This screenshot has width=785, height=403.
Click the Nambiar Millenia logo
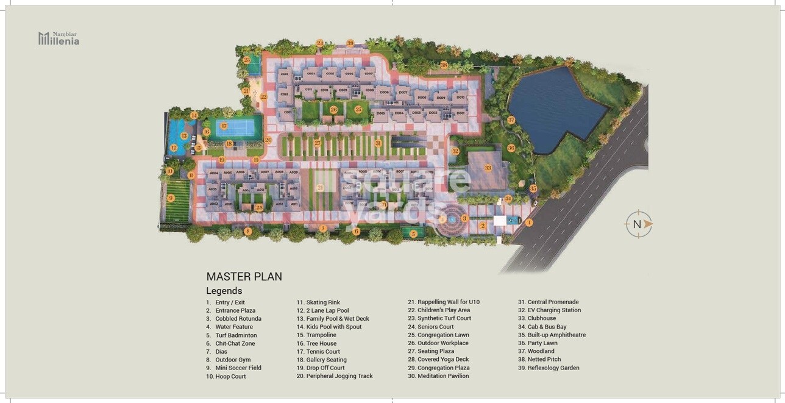tap(59, 38)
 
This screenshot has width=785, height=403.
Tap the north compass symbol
tap(638, 224)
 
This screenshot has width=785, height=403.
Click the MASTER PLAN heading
tap(244, 277)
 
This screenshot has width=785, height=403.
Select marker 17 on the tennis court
tap(224, 126)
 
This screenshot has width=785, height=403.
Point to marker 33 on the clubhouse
tap(488, 168)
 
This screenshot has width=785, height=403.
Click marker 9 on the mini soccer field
tap(171, 198)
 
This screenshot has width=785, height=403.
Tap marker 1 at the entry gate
tap(528, 223)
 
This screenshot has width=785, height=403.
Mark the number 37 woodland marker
tap(511, 120)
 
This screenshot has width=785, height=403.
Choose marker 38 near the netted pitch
tap(444, 65)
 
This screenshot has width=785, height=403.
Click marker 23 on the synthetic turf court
tap(246, 60)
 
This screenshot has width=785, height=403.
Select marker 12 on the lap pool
tap(173, 148)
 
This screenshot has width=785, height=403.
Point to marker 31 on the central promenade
tap(378, 143)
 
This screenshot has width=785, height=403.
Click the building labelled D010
tap(460, 98)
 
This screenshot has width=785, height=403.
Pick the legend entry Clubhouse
tap(541, 318)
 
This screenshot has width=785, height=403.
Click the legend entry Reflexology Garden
tap(553, 368)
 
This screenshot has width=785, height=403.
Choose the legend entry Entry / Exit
tap(230, 302)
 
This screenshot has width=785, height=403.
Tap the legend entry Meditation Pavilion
tap(442, 376)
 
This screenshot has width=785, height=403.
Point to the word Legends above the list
tap(224, 291)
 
